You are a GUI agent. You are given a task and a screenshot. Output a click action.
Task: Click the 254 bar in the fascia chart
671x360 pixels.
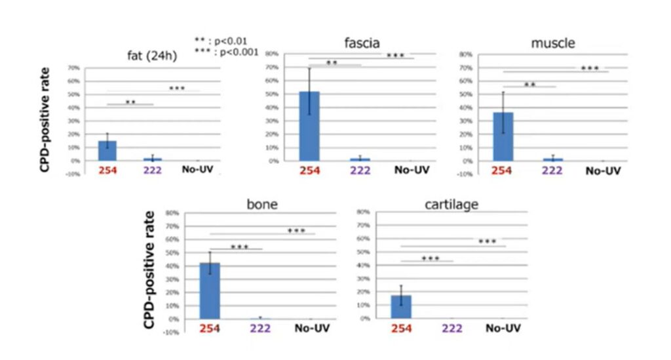tap(309, 126)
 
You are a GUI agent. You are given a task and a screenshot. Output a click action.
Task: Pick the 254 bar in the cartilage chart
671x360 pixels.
tap(401, 306)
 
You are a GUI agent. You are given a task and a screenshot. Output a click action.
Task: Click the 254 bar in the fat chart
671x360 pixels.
tap(107, 151)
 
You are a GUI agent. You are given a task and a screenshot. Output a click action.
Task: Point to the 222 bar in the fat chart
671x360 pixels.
tap(152, 159)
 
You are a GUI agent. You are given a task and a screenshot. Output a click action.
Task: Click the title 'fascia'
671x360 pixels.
tap(361, 44)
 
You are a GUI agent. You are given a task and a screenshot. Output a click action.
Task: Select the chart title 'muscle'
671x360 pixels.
tap(553, 44)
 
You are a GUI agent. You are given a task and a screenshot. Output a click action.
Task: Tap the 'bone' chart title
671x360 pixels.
tap(262, 204)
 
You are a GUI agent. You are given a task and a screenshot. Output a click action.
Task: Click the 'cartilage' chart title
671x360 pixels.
tap(452, 205)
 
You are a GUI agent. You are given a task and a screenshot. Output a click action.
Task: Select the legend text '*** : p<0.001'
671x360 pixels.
tap(226, 52)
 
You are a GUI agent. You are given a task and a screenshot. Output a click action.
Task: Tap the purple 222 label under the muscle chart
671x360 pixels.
tap(552, 171)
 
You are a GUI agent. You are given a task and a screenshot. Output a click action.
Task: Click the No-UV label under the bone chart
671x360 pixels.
tap(311, 328)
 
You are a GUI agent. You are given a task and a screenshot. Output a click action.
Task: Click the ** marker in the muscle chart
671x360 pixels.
tap(529, 85)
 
